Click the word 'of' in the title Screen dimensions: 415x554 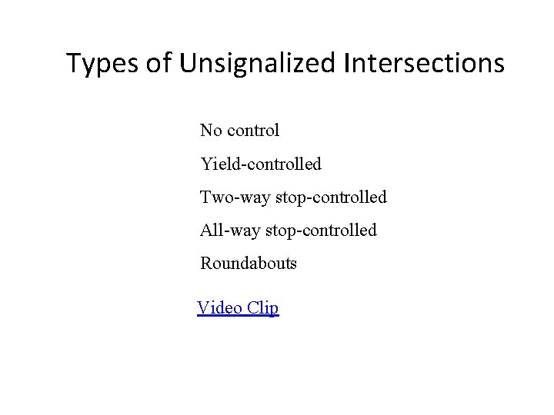(159, 63)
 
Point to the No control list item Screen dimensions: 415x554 (239, 131)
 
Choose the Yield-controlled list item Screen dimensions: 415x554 (261, 164)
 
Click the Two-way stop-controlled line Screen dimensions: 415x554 (293, 198)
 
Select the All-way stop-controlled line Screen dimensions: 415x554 (289, 230)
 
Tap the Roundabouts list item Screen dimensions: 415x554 (249, 264)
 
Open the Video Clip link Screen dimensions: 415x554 (238, 308)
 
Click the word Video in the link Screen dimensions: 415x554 (219, 308)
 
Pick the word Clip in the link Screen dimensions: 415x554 (263, 309)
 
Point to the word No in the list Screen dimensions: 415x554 (211, 131)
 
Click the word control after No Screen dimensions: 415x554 (252, 131)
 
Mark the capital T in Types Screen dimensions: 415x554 (74, 63)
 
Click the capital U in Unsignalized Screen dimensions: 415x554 (189, 63)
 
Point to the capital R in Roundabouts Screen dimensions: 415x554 (206, 264)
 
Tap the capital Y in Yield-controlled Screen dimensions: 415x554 (206, 164)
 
